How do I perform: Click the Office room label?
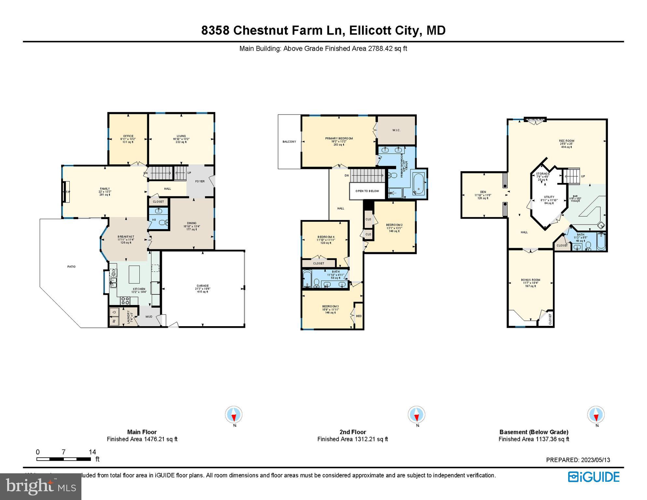coord(128,136)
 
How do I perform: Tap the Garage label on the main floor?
coord(203,286)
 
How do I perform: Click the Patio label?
coord(71,267)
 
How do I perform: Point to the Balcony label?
coord(289,142)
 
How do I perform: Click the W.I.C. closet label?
coord(396,130)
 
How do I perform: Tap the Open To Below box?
coord(367,191)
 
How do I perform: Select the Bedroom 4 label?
coord(326,237)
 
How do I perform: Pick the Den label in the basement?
coord(483,192)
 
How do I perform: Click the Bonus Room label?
coord(530,280)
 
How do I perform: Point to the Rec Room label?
coord(567,141)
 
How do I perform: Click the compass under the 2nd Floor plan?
coord(416,415)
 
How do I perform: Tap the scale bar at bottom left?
coord(63,459)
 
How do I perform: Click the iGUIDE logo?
coord(594,477)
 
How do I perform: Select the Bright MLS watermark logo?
coord(41,486)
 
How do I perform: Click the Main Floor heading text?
coord(142,432)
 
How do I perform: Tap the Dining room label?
coord(191,223)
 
